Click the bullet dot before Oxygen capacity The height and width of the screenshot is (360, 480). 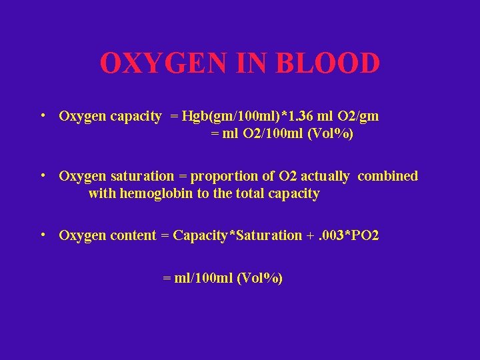(42, 115)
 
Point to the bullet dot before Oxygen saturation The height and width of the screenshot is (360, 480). (42, 175)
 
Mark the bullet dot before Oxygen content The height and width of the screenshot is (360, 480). (42, 235)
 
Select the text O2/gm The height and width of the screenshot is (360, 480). (360, 117)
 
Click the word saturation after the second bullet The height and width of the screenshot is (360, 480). (142, 177)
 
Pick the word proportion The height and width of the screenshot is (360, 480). (221, 177)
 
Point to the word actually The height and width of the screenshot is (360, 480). (325, 177)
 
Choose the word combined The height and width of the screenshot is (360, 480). (388, 177)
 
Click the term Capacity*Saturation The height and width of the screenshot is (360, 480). (237, 235)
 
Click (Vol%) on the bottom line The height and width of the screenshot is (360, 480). (260, 279)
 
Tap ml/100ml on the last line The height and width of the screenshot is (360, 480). (203, 279)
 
